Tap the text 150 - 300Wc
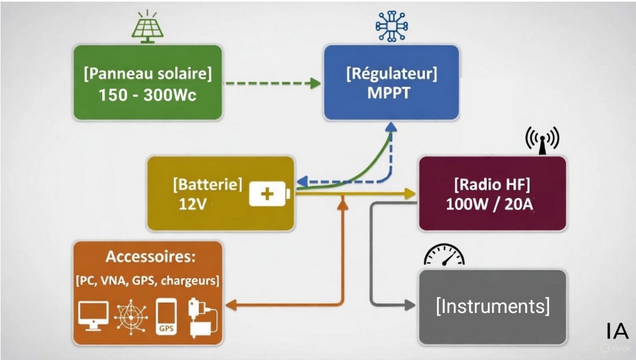tap(147, 95)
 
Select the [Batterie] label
tap(207, 184)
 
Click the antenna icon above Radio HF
tap(541, 139)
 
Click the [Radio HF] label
tap(492, 185)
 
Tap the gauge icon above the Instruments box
tap(444, 254)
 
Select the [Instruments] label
tap(492, 306)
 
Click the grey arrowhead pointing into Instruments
tap(410, 306)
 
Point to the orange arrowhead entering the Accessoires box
tap(232, 306)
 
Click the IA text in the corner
tap(617, 331)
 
